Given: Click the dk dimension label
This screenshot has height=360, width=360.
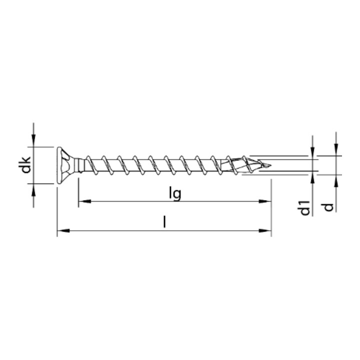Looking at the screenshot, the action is coord(24,165).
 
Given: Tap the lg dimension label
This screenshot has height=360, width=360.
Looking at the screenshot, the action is coord(175,193).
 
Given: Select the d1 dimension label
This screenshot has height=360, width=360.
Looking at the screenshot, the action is coord(305,208).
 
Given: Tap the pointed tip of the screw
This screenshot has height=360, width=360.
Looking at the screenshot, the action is coord(271,165).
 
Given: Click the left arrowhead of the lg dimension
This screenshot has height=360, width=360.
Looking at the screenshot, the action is coord(84,201).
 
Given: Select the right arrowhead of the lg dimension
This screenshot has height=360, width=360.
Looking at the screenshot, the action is coord(265,201).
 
